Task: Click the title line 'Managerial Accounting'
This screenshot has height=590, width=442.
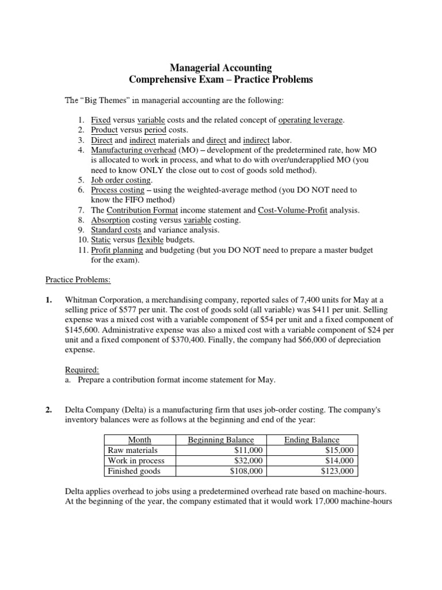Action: pos(221,68)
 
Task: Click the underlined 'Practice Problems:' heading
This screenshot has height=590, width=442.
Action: pos(78,280)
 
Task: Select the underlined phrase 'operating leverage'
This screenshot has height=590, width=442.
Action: pos(311,120)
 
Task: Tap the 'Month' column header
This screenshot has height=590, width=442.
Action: pos(139,440)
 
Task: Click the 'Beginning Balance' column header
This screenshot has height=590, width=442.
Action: pos(221,440)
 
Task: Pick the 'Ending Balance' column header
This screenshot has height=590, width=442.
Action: pos(312,440)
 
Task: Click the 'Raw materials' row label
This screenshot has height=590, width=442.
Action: pos(132,451)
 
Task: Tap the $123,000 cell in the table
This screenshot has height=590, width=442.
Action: pos(338,471)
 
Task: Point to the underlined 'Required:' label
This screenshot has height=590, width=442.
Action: pos(78,369)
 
